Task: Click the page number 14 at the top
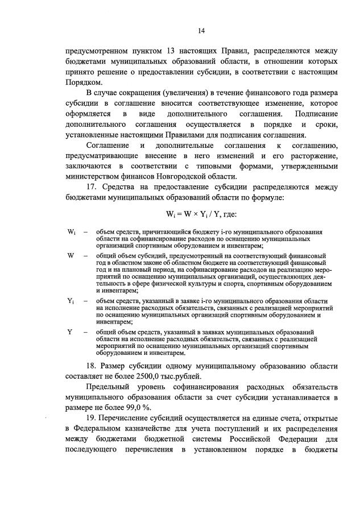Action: [x=201, y=30]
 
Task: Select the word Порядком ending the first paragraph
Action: [x=84, y=81]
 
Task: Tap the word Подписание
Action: [x=316, y=114]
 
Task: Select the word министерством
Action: [x=93, y=177]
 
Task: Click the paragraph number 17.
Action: [x=92, y=188]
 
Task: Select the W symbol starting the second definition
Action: [x=70, y=256]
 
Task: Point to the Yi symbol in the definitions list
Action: [x=71, y=300]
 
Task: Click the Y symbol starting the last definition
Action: [x=69, y=331]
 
